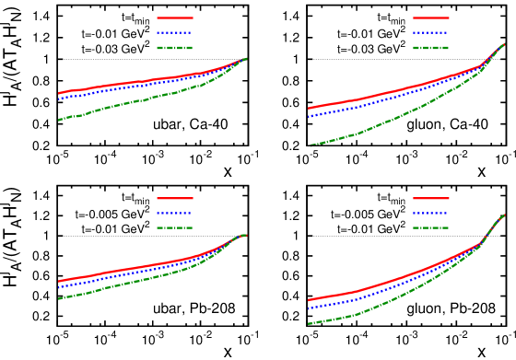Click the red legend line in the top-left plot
click(x=174, y=17)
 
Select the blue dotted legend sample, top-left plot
click(x=174, y=32)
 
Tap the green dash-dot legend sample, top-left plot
click(x=174, y=47)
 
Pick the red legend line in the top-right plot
click(x=430, y=17)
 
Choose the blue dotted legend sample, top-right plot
click(x=430, y=32)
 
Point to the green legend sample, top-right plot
click(x=430, y=47)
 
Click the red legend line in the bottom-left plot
click(x=174, y=198)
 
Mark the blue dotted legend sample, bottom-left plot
click(x=174, y=213)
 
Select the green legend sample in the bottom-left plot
click(x=174, y=227)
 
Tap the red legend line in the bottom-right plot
click(x=430, y=198)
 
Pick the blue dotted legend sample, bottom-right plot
click(x=430, y=213)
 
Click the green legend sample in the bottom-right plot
click(x=430, y=227)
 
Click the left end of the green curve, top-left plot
click(x=59, y=120)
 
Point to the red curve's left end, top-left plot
click(x=59, y=93)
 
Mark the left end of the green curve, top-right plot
click(x=310, y=145)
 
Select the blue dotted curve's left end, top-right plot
click(x=309, y=117)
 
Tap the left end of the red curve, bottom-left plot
click(x=59, y=282)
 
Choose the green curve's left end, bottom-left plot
click(x=59, y=298)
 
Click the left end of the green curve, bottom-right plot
click(x=309, y=324)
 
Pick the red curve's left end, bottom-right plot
click(x=309, y=301)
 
